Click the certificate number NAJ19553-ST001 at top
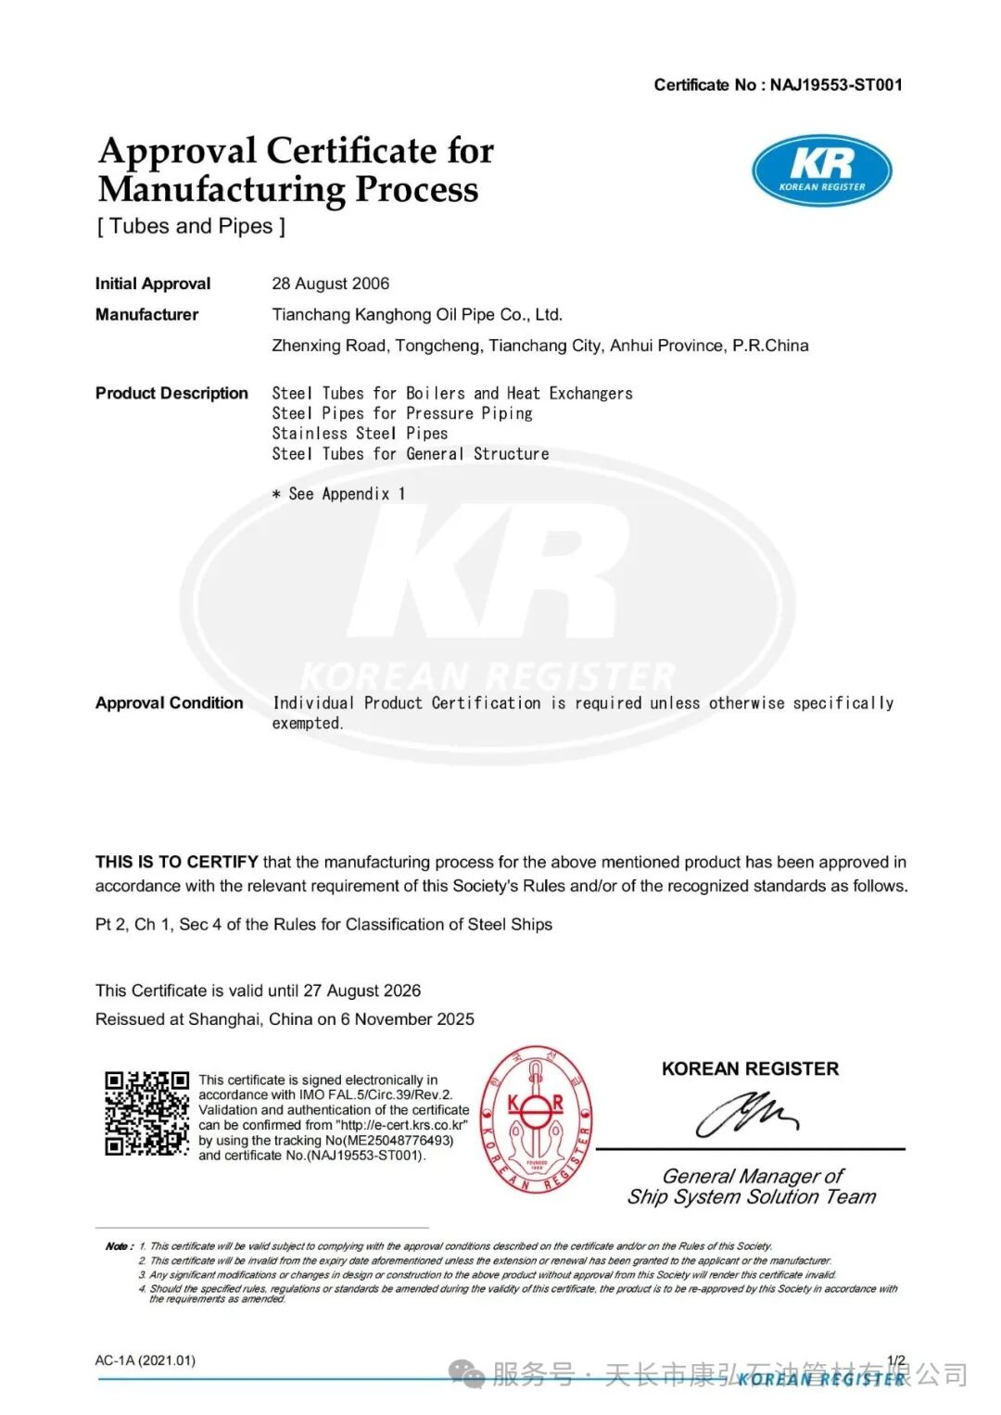tap(835, 85)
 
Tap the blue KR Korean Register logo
tap(821, 171)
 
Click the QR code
tap(146, 1114)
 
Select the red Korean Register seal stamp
tap(537, 1119)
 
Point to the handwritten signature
tap(747, 1113)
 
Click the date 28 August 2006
tap(330, 284)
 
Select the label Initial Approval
tap(153, 284)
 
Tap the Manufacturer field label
tap(146, 315)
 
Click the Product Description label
tap(171, 393)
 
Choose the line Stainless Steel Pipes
tap(360, 434)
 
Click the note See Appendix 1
tap(339, 494)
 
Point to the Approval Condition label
tap(169, 703)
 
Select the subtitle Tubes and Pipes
tap(191, 226)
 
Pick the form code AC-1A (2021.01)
tap(145, 1360)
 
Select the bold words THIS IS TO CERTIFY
tap(176, 862)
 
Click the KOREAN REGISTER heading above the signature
tap(750, 1068)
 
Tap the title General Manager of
tap(752, 1176)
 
